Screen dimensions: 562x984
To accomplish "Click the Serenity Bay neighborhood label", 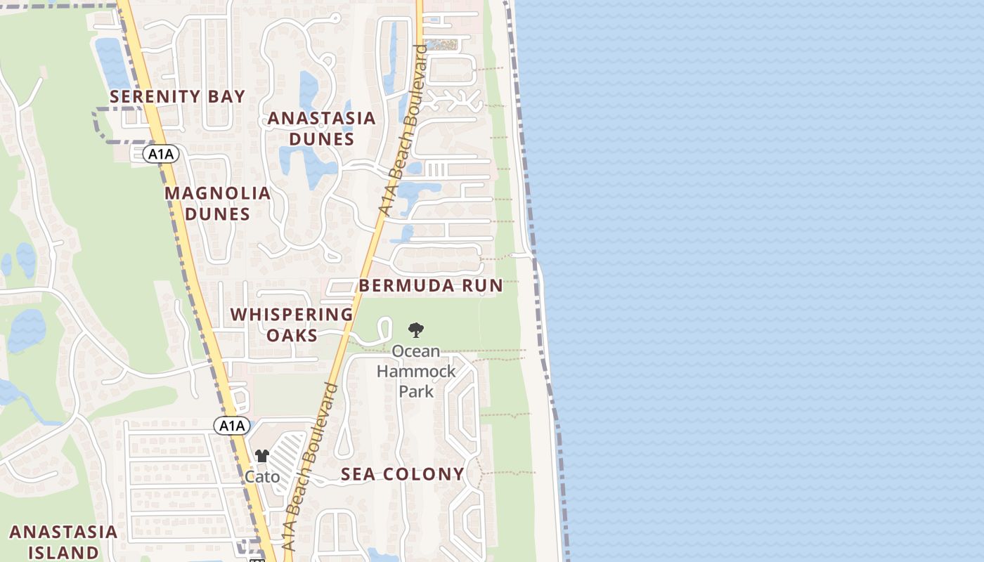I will coord(177,97).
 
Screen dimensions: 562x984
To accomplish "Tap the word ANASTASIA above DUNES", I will coord(321,118).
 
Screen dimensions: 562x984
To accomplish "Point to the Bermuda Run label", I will coord(430,285).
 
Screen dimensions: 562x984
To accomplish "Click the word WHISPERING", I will coord(292,314).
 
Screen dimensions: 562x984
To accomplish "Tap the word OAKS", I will coord(292,335).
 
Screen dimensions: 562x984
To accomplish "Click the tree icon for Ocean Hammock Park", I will coord(416,329).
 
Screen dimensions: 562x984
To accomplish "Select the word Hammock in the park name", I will coord(416,370).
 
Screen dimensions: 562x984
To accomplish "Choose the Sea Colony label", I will coord(402,474).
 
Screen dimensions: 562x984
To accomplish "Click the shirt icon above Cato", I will coord(262,456).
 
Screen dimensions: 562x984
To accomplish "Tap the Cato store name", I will coord(262,477).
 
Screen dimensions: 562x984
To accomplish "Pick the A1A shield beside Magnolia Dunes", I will coord(161,154).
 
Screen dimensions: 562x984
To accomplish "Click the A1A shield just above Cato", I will coord(231,425).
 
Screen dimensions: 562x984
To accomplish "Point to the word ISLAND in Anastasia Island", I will coord(64,552).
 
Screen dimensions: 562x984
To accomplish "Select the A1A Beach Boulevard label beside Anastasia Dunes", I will coord(402,130).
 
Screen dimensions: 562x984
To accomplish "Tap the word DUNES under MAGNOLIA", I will coord(217,214).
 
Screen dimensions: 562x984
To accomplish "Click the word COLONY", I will coord(429,474).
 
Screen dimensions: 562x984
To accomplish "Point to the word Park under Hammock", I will coord(416,391).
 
